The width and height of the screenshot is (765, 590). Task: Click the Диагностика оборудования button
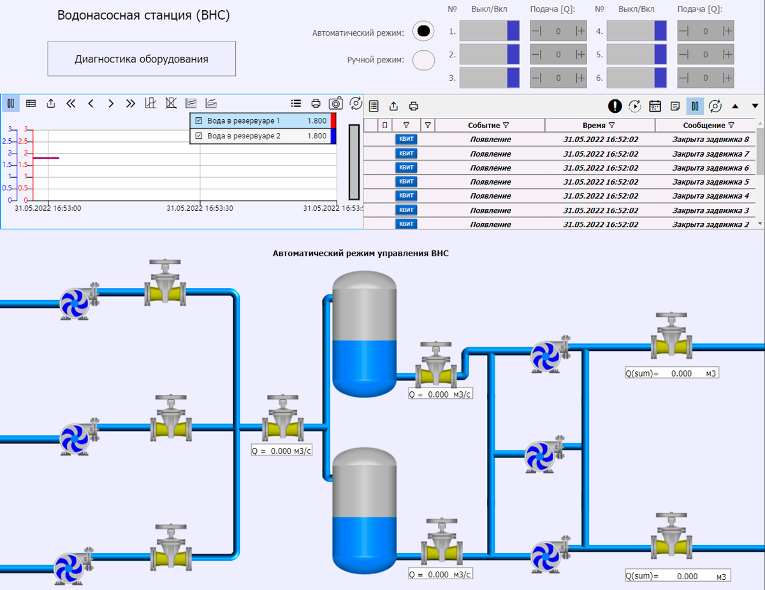(142, 59)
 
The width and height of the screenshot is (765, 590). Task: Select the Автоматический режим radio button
(423, 31)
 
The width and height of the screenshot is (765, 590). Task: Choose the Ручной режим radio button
(423, 60)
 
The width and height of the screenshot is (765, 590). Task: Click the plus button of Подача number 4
(727, 31)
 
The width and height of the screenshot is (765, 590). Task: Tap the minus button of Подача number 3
(537, 78)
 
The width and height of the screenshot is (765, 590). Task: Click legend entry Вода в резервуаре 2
(244, 136)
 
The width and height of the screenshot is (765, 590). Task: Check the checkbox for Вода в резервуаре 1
(198, 120)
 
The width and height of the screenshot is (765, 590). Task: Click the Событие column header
(488, 126)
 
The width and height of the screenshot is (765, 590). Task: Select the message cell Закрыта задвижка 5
(710, 182)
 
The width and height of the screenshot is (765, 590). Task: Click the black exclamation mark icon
(615, 106)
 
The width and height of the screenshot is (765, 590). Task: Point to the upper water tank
(364, 331)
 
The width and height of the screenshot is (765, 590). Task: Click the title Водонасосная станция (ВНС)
(143, 15)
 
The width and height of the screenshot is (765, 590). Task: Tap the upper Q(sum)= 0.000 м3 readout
(672, 373)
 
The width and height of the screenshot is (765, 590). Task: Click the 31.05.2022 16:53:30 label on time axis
(200, 208)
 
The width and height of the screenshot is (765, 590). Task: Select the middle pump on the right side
(541, 454)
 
